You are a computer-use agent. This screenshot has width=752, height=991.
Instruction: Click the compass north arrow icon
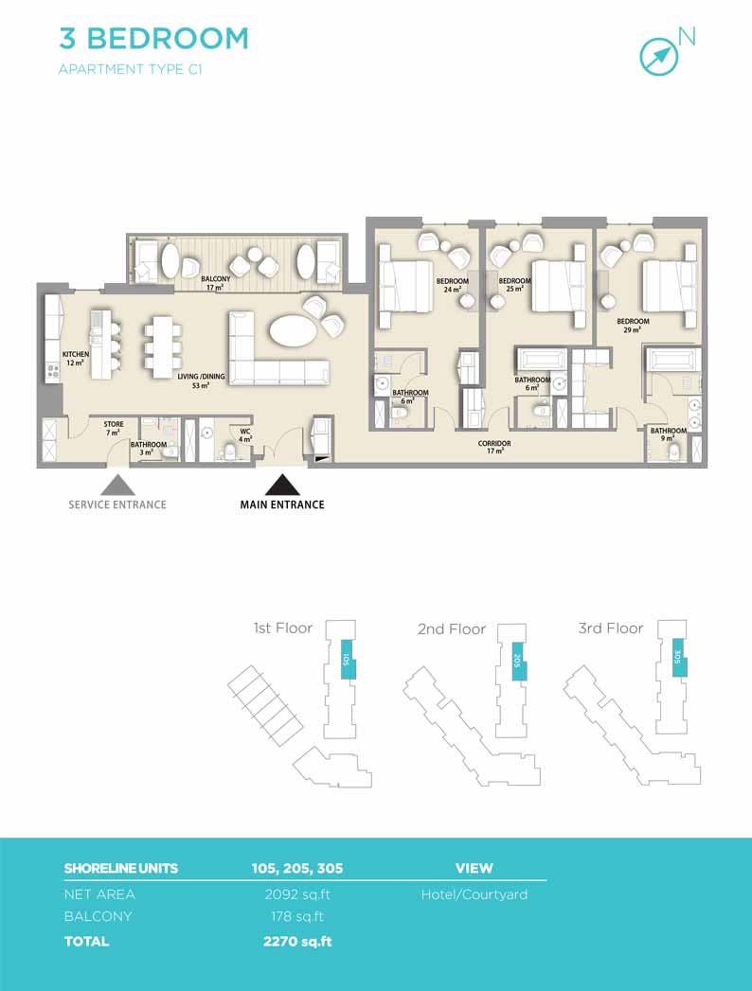[x=659, y=57]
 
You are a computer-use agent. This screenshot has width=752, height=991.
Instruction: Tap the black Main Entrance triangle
[x=282, y=485]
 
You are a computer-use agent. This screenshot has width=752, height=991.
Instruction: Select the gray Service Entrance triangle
[x=117, y=485]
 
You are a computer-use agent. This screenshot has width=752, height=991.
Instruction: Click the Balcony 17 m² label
[x=216, y=283]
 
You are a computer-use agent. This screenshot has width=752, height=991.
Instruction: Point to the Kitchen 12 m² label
[x=75, y=359]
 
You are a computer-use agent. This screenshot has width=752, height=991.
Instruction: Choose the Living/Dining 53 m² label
[x=201, y=380]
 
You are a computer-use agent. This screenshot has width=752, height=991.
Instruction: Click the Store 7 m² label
[x=114, y=428]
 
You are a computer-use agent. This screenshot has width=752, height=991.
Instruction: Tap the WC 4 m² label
[x=244, y=435]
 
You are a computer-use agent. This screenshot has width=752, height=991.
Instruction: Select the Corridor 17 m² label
[x=494, y=447]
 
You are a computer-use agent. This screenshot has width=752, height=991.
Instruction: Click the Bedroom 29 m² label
[x=633, y=326]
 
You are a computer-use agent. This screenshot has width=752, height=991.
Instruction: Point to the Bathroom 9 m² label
[x=669, y=434]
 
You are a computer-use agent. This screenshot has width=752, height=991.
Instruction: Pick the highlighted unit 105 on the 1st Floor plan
[x=348, y=659]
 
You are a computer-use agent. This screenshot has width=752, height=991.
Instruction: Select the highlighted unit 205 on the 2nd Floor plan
[x=518, y=660]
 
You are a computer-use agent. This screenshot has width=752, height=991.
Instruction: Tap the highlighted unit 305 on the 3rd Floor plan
[x=679, y=657]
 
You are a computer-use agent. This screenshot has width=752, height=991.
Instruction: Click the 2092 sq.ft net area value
[x=297, y=894]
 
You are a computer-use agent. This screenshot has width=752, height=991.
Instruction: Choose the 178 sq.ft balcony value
[x=297, y=916]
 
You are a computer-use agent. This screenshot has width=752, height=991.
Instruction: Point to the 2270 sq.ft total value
[x=297, y=941]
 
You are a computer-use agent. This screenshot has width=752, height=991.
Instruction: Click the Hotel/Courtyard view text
[x=474, y=895]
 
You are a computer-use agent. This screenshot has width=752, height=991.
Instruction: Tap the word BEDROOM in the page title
[x=168, y=39]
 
